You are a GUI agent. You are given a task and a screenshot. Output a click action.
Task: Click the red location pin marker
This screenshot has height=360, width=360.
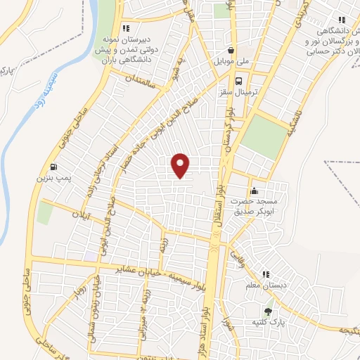[181, 165]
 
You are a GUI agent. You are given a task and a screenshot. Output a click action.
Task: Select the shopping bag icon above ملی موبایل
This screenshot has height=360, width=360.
[231, 50]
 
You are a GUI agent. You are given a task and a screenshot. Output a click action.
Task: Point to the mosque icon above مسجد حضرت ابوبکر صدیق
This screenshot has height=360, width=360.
[254, 191]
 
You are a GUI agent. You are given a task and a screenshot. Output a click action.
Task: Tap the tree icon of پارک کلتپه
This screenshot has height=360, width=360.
[268, 311]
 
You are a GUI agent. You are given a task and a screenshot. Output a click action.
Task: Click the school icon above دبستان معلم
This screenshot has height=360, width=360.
[266, 274]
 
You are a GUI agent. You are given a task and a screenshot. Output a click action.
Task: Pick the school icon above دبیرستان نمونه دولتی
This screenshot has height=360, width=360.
[125, 29]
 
